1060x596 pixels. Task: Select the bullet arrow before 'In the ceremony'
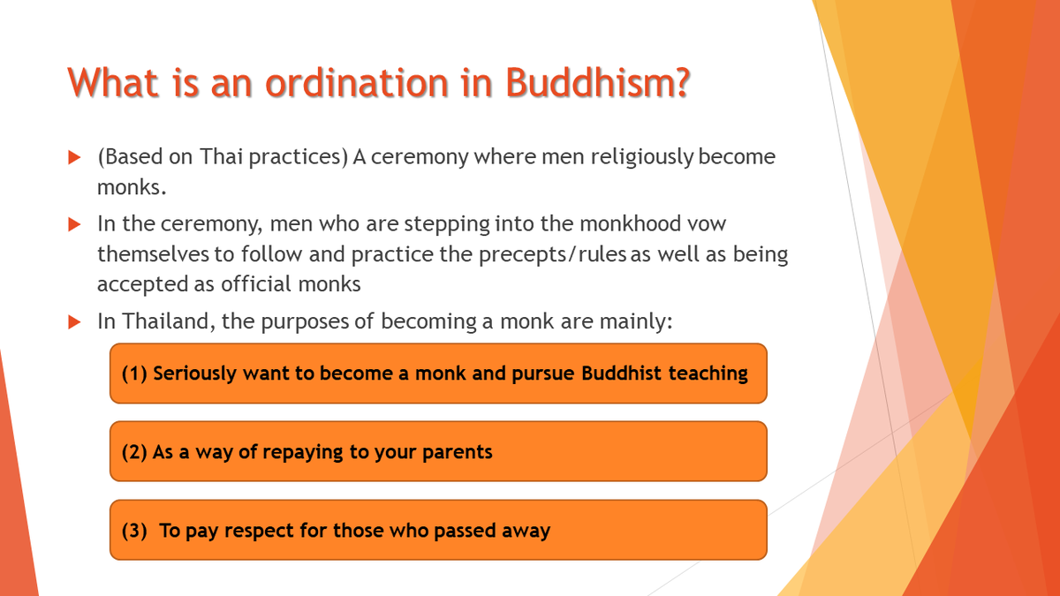point(75,224)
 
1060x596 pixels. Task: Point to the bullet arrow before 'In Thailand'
point(75,322)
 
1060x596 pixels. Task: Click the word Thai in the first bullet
point(220,157)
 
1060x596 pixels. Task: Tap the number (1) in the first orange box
point(134,373)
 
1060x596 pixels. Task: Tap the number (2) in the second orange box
point(134,452)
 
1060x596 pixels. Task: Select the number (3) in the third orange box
point(134,531)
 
